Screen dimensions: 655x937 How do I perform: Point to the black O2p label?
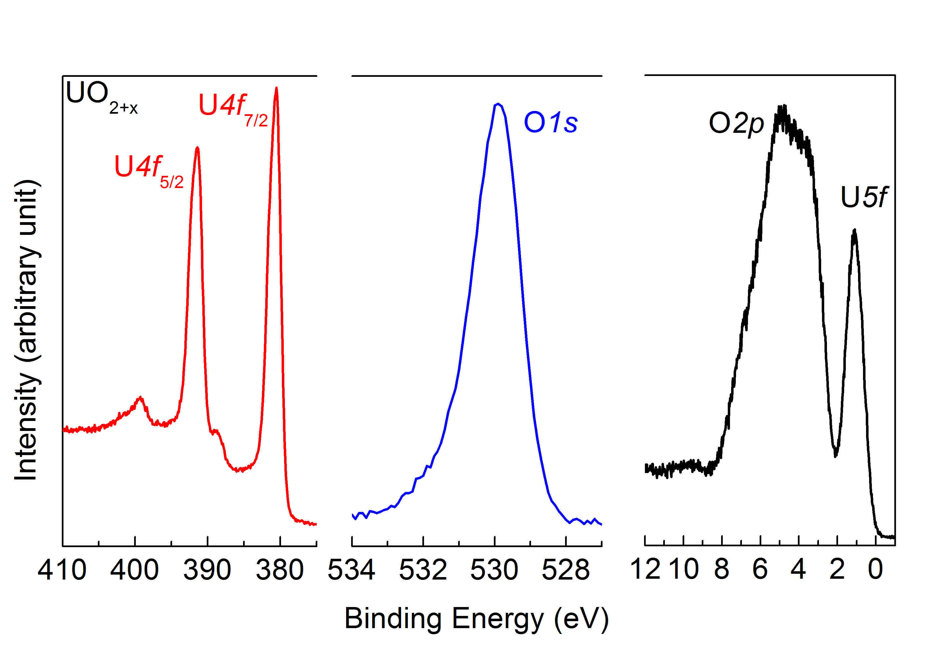point(736,123)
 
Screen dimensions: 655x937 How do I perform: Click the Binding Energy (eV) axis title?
point(477,619)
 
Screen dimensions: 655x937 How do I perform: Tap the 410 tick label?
point(62,570)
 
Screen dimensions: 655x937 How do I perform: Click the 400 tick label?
point(135,570)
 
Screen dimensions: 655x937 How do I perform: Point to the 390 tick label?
point(207,570)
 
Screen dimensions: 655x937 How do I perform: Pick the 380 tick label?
point(280,570)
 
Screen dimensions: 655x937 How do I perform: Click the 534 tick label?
point(351,570)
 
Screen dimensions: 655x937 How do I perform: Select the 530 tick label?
point(494,570)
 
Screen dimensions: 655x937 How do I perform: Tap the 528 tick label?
point(566,570)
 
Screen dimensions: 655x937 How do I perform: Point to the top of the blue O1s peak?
point(497,104)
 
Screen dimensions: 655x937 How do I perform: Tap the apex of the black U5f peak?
point(854,231)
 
